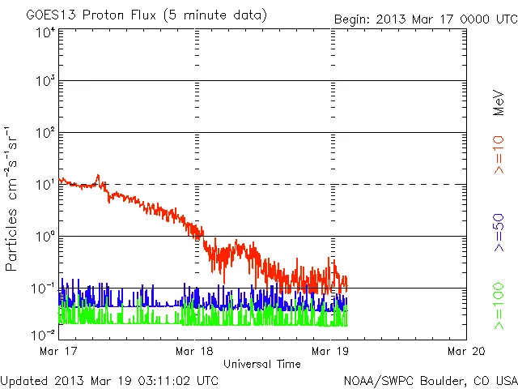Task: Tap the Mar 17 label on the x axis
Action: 57,352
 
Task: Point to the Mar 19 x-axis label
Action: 329,352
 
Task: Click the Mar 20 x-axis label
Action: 466,352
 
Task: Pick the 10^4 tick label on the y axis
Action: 45,32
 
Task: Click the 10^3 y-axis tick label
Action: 45,82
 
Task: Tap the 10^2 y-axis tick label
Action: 45,133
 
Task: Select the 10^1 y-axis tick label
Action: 45,185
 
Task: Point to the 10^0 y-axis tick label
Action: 45,237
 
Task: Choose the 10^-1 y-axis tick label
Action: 44,289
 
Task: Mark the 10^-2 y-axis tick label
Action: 44,335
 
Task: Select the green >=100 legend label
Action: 499,306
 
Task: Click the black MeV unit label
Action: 499,100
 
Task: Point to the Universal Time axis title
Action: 261,364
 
